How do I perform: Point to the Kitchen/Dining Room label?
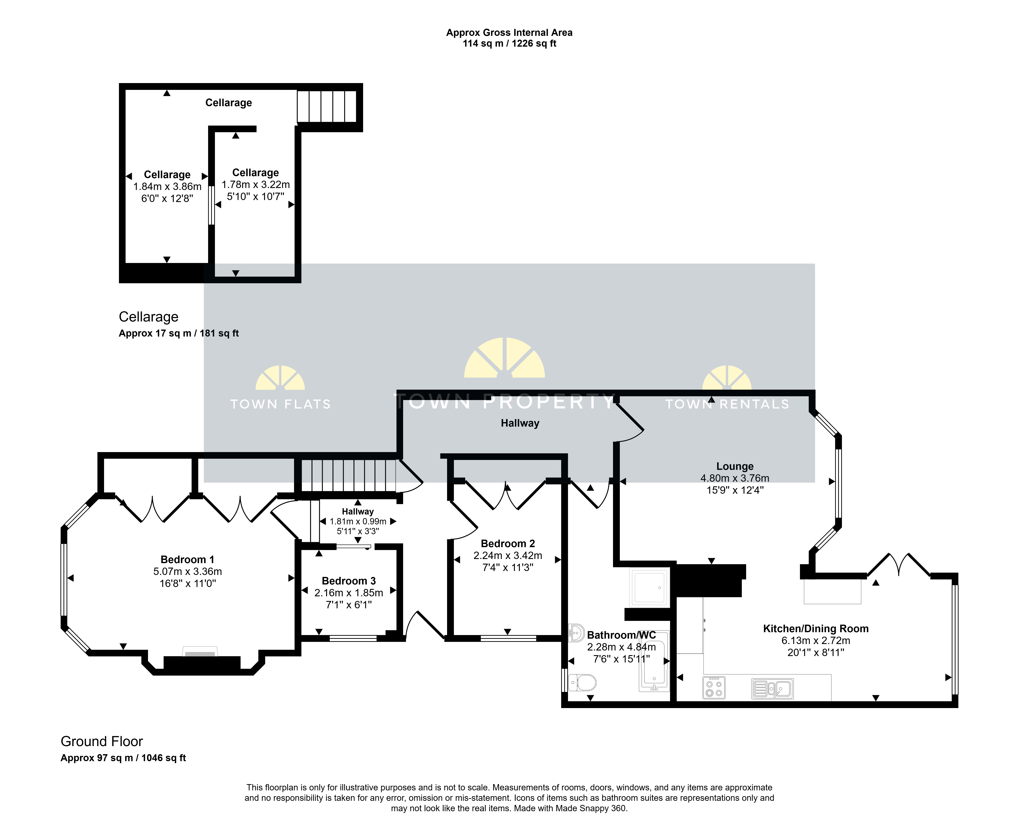pos(816,629)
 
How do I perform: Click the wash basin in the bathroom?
pos(576,633)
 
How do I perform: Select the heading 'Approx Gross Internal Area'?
pos(509,32)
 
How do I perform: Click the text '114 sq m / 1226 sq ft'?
pos(509,43)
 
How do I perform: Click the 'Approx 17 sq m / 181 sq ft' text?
pos(179,333)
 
